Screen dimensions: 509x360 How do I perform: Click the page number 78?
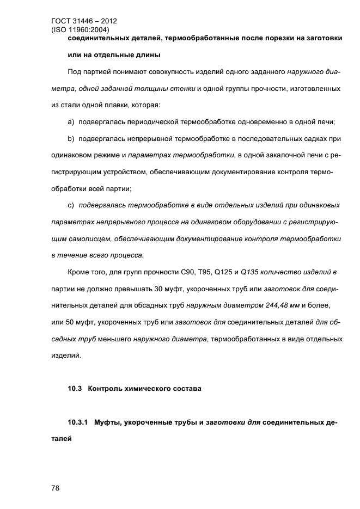[x=55, y=488]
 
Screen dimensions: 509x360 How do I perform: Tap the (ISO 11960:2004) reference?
[x=80, y=30]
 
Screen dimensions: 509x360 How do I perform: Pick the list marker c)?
[x=71, y=205]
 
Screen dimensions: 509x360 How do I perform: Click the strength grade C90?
[x=180, y=271]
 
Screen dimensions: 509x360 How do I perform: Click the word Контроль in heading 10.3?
[x=105, y=389]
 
